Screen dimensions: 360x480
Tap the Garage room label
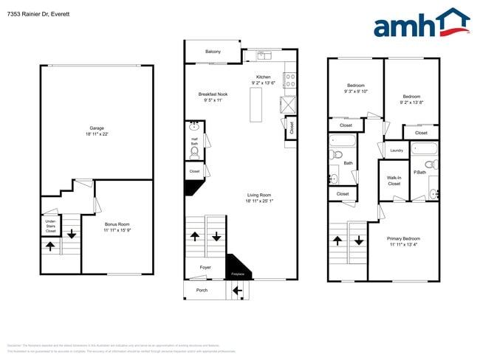(97, 128)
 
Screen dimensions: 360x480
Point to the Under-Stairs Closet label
(50, 226)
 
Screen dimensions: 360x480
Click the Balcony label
(213, 52)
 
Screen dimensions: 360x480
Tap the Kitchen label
(263, 77)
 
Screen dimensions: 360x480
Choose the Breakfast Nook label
(213, 94)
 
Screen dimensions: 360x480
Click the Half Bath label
(195, 141)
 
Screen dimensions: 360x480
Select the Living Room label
(258, 195)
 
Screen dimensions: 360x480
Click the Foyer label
(205, 267)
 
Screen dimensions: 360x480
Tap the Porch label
(202, 290)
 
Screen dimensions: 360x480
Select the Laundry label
(396, 150)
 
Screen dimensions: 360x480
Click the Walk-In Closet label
(394, 181)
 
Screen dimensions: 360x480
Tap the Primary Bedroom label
(403, 238)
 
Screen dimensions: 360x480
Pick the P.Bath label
(419, 172)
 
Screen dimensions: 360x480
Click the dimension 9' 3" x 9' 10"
(355, 91)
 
